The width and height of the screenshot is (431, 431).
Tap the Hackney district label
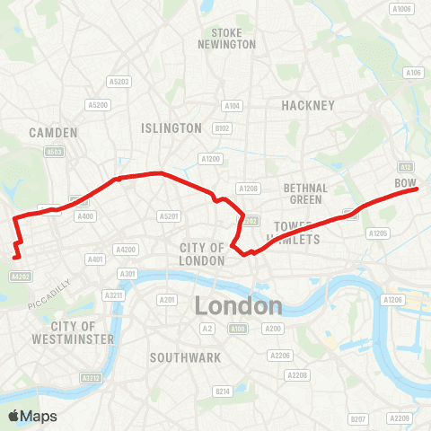tap(308, 105)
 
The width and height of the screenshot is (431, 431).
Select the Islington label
tap(172, 128)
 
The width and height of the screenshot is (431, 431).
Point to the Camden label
tap(53, 132)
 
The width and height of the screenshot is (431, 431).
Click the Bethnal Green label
tap(303, 193)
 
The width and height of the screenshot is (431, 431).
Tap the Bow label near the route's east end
tap(407, 183)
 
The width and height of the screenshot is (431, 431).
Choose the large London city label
tap(238, 306)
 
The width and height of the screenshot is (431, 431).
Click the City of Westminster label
tap(84, 332)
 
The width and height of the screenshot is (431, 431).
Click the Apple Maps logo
tap(31, 416)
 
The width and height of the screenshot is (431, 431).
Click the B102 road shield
tap(223, 128)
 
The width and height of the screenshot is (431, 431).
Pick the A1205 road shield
tap(378, 233)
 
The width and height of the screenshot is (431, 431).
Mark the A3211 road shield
tap(113, 295)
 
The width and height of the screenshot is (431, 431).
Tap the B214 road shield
tap(222, 391)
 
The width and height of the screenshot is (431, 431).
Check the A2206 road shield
tap(282, 356)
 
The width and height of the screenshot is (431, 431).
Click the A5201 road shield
tap(168, 215)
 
